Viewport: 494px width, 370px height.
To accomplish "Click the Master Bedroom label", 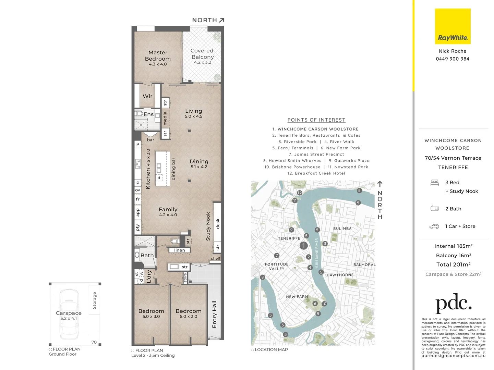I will click(x=158, y=56).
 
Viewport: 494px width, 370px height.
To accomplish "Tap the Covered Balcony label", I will click(x=202, y=54).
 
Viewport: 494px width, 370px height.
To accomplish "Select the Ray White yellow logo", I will click(x=453, y=26).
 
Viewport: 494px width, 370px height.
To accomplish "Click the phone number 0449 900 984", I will click(x=453, y=59).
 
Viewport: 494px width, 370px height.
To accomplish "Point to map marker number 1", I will click(x=303, y=245).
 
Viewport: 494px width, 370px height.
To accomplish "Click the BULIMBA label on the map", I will click(x=342, y=229).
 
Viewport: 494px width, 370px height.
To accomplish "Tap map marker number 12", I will click(x=299, y=193).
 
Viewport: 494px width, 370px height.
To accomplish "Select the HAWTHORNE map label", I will click(x=340, y=275).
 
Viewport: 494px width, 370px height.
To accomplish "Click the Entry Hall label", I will click(x=214, y=314).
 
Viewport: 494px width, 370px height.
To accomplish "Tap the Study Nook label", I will click(x=208, y=226).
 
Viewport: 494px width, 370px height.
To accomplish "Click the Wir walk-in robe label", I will click(x=147, y=96).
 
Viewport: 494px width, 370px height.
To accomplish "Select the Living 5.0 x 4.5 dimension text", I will click(x=194, y=116).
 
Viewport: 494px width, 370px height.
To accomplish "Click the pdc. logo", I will click(x=453, y=303).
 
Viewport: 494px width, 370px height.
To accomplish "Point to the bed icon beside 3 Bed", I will click(x=434, y=183).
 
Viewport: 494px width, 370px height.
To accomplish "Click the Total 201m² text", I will click(x=453, y=264).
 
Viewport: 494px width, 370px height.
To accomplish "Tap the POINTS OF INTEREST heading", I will click(x=316, y=120).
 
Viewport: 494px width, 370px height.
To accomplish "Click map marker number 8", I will click(x=263, y=277).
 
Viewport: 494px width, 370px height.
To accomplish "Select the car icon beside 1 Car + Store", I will click(x=434, y=226).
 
